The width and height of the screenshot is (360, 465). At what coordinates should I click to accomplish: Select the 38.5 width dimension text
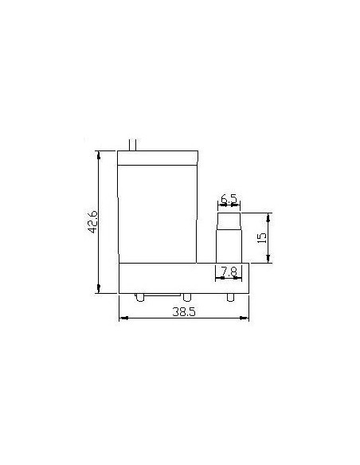184,313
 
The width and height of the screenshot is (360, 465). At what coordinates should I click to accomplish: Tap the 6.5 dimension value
229,198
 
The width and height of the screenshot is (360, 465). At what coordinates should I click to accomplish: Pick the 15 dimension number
262,237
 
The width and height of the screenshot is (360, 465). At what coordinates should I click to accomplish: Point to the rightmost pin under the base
231,298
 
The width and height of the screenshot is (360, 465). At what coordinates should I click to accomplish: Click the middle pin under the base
186,298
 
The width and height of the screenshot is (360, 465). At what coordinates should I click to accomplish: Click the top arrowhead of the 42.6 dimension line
99,154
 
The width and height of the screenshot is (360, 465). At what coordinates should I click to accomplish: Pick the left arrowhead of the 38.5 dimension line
122,319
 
